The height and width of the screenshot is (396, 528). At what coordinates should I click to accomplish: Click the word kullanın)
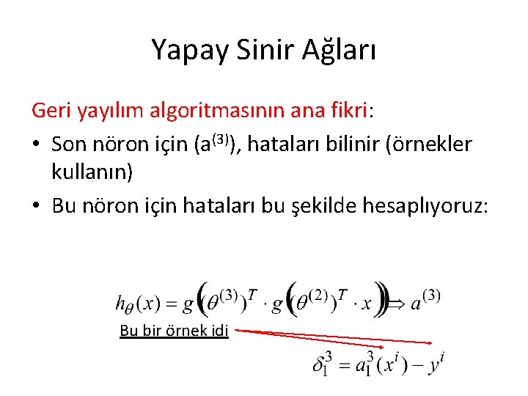coord(92,174)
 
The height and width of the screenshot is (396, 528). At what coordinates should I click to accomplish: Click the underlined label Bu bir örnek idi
coord(175,331)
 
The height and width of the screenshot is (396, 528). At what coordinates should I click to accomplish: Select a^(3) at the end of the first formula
coord(425,301)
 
